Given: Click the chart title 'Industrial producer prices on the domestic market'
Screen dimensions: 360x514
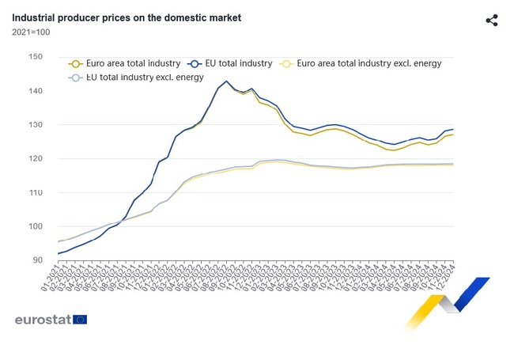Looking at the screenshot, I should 127,17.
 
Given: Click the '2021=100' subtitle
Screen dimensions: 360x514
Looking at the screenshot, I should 31,32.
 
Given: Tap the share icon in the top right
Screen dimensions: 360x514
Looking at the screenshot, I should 491,21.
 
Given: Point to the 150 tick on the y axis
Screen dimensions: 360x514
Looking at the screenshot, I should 35,57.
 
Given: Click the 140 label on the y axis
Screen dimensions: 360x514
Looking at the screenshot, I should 35,91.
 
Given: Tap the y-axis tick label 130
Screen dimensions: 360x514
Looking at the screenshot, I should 35,125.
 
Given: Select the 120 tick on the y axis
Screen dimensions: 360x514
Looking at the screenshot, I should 35,159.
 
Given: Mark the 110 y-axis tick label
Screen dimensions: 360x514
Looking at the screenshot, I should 35,193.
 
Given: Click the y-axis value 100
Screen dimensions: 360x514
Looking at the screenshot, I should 35,227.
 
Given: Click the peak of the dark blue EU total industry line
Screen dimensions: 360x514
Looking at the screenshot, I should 227,81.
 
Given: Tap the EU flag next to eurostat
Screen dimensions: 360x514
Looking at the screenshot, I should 79,320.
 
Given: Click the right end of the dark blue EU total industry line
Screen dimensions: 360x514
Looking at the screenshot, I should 453,129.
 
